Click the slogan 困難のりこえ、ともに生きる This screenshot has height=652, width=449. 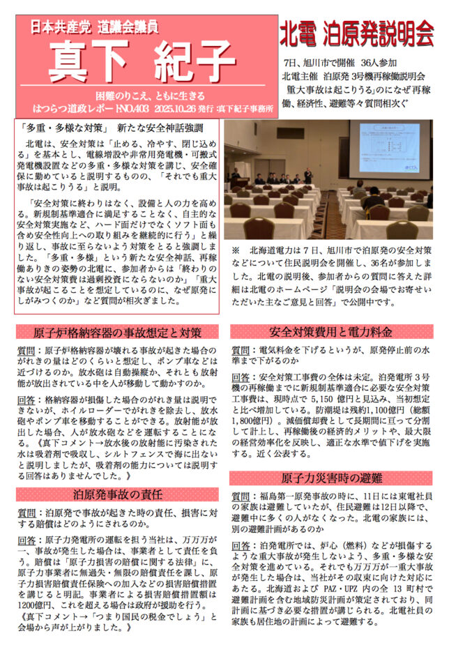[147, 96]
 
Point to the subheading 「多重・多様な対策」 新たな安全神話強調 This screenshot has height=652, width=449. [112, 128]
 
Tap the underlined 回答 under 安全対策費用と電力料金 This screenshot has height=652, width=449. [242, 379]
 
